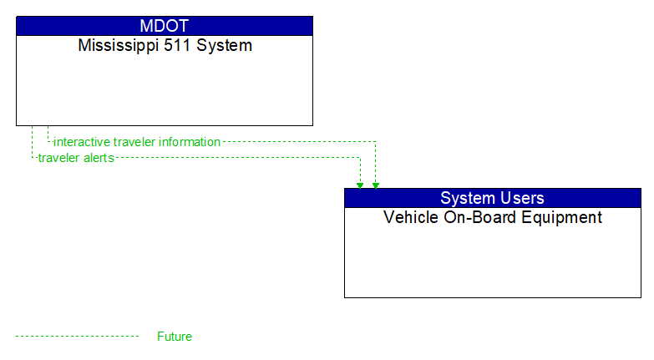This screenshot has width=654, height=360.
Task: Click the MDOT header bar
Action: (165, 26)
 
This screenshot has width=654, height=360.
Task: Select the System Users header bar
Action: (492, 198)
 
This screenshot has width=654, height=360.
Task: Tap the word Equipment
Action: (564, 218)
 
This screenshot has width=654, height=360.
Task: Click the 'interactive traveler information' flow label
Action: (137, 142)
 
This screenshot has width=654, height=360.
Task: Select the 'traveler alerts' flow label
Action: (76, 158)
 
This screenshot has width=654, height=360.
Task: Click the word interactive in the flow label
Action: (82, 142)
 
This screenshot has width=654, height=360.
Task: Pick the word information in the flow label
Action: (190, 142)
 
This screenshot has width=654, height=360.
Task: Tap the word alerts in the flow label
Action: (98, 158)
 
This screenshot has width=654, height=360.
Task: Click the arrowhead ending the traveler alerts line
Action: (360, 185)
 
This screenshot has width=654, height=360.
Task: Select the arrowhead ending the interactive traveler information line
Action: (376, 185)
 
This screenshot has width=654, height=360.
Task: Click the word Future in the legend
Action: (175, 337)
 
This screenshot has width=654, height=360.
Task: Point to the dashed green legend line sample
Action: (77, 337)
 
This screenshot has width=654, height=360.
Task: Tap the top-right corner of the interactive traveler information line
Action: (376, 142)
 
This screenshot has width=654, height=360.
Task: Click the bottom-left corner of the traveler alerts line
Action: (32, 158)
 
